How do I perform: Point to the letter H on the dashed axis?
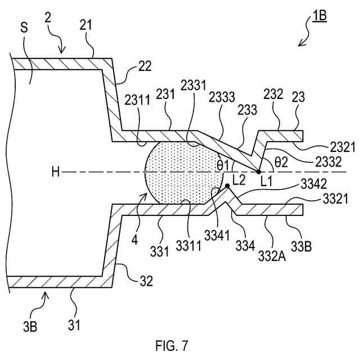[55, 172]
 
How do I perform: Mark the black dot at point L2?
[227, 186]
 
